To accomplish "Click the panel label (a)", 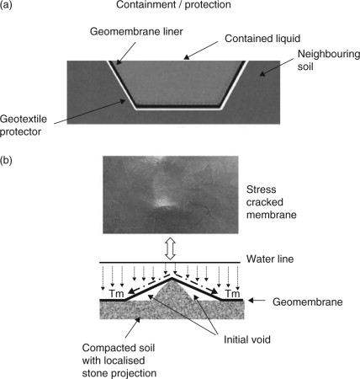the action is click(6, 4).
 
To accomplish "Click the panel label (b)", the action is click(6, 161).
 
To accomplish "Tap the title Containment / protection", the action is click(173, 4).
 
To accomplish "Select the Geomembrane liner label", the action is click(136, 31).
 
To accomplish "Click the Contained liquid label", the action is click(262, 39).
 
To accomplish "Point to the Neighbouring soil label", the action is click(329, 61).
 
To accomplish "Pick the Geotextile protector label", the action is click(24, 125).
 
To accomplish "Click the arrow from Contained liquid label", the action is click(200, 51).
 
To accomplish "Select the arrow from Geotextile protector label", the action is click(89, 112).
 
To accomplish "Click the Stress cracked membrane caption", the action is click(272, 202).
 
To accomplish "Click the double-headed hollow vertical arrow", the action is click(171, 248).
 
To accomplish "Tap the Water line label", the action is click(270, 259).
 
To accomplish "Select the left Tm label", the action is click(116, 294).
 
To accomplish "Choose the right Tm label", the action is click(233, 294).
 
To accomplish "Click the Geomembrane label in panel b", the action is click(308, 302).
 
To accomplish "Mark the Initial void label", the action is click(247, 339).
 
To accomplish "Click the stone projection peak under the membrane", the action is click(172, 281).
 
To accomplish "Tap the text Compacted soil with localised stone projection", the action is click(119, 360).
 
